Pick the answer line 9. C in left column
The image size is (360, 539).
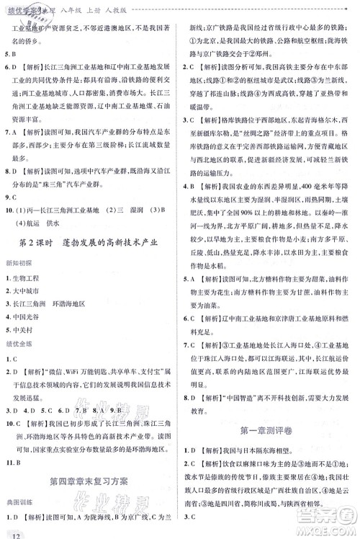(x=13, y=215)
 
